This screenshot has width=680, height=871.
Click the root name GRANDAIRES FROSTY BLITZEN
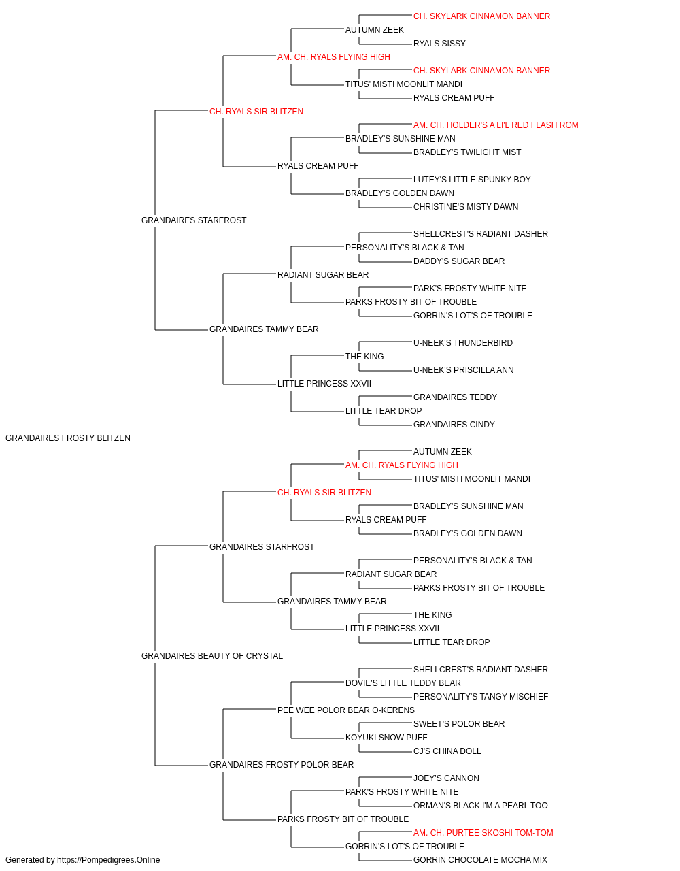point(68,438)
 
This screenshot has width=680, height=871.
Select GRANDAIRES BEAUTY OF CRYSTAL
point(212,655)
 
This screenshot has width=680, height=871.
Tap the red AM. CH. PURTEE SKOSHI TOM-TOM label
point(483,832)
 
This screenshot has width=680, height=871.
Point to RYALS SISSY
point(439,44)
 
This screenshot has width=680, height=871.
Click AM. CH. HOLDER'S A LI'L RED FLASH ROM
point(496,125)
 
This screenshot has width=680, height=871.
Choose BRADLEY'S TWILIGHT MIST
point(467,152)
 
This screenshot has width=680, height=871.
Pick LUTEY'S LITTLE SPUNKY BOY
point(472,180)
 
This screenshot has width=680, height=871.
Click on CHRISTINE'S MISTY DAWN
point(466,207)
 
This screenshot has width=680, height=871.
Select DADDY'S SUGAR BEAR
point(459,261)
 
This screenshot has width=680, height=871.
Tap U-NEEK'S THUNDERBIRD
point(463,343)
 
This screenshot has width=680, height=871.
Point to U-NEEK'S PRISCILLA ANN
point(463,370)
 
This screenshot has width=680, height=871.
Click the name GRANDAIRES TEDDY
point(455,397)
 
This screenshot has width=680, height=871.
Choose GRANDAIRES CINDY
point(454,425)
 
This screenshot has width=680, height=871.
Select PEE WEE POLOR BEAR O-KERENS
point(346,710)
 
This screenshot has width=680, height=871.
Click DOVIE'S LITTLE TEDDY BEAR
point(403,683)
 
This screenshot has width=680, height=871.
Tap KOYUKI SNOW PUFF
point(386,737)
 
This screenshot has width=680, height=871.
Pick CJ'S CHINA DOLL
point(447,751)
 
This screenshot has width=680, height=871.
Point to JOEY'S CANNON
point(446,778)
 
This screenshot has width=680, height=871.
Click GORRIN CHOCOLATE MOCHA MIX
point(480,860)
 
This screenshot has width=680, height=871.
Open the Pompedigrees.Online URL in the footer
point(108,860)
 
